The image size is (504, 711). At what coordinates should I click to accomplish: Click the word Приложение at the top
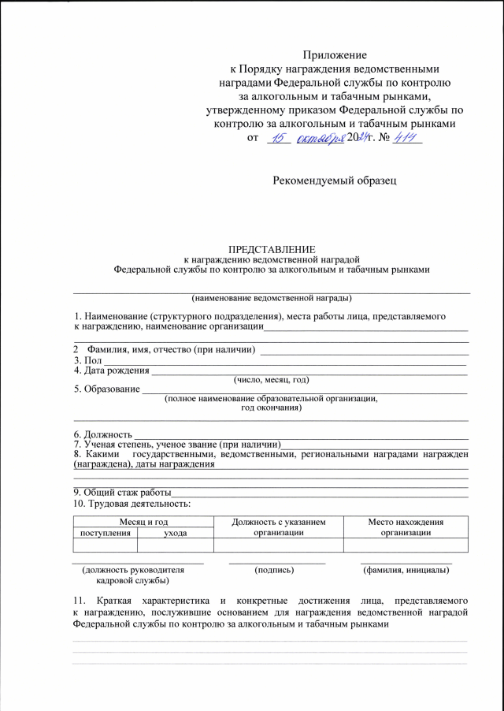pyautogui.click(x=335, y=55)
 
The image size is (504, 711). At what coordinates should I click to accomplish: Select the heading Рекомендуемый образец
pyautogui.click(x=335, y=181)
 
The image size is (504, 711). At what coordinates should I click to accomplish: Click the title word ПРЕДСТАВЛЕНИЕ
pyautogui.click(x=271, y=248)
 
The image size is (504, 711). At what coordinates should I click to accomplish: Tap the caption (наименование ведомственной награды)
pyautogui.click(x=272, y=298)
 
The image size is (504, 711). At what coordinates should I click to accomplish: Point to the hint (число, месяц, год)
pyautogui.click(x=272, y=379)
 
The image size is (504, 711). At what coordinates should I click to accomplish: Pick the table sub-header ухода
pyautogui.click(x=175, y=533)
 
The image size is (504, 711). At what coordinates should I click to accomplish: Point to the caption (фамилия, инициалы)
pyautogui.click(x=406, y=569)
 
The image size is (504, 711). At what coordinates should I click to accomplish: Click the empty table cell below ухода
pyautogui.click(x=175, y=545)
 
